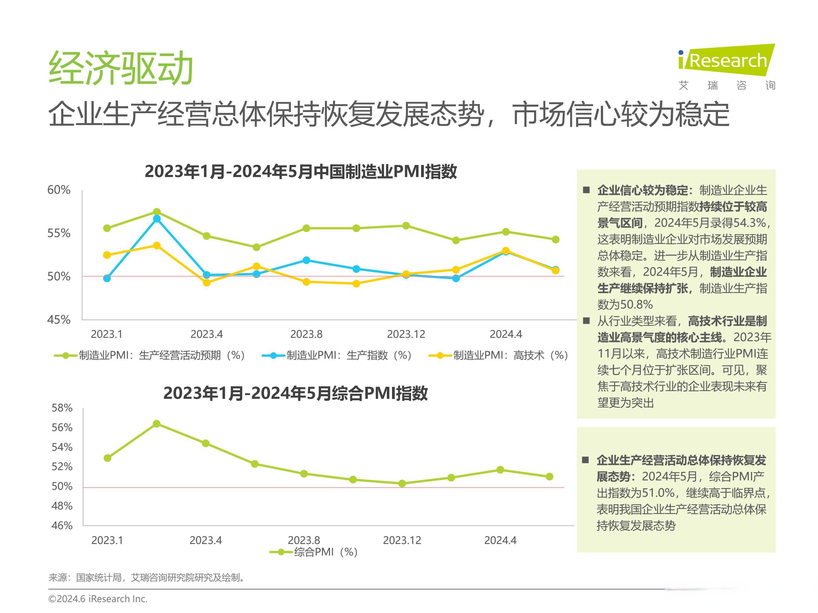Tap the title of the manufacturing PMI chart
[x=301, y=171]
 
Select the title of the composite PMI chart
[x=295, y=393]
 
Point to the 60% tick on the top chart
[x=59, y=190]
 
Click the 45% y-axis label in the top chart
[x=59, y=320]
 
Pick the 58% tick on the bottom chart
[x=62, y=408]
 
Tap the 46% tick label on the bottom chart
[x=62, y=526]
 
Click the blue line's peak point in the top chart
[x=157, y=219]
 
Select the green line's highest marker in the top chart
[x=157, y=212]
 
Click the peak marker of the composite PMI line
[x=156, y=423]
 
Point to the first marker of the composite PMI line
[x=108, y=458]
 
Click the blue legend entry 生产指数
[x=337, y=355]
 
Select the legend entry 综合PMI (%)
[x=314, y=552]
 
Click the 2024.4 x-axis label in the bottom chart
[x=500, y=541]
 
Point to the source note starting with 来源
[x=147, y=578]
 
